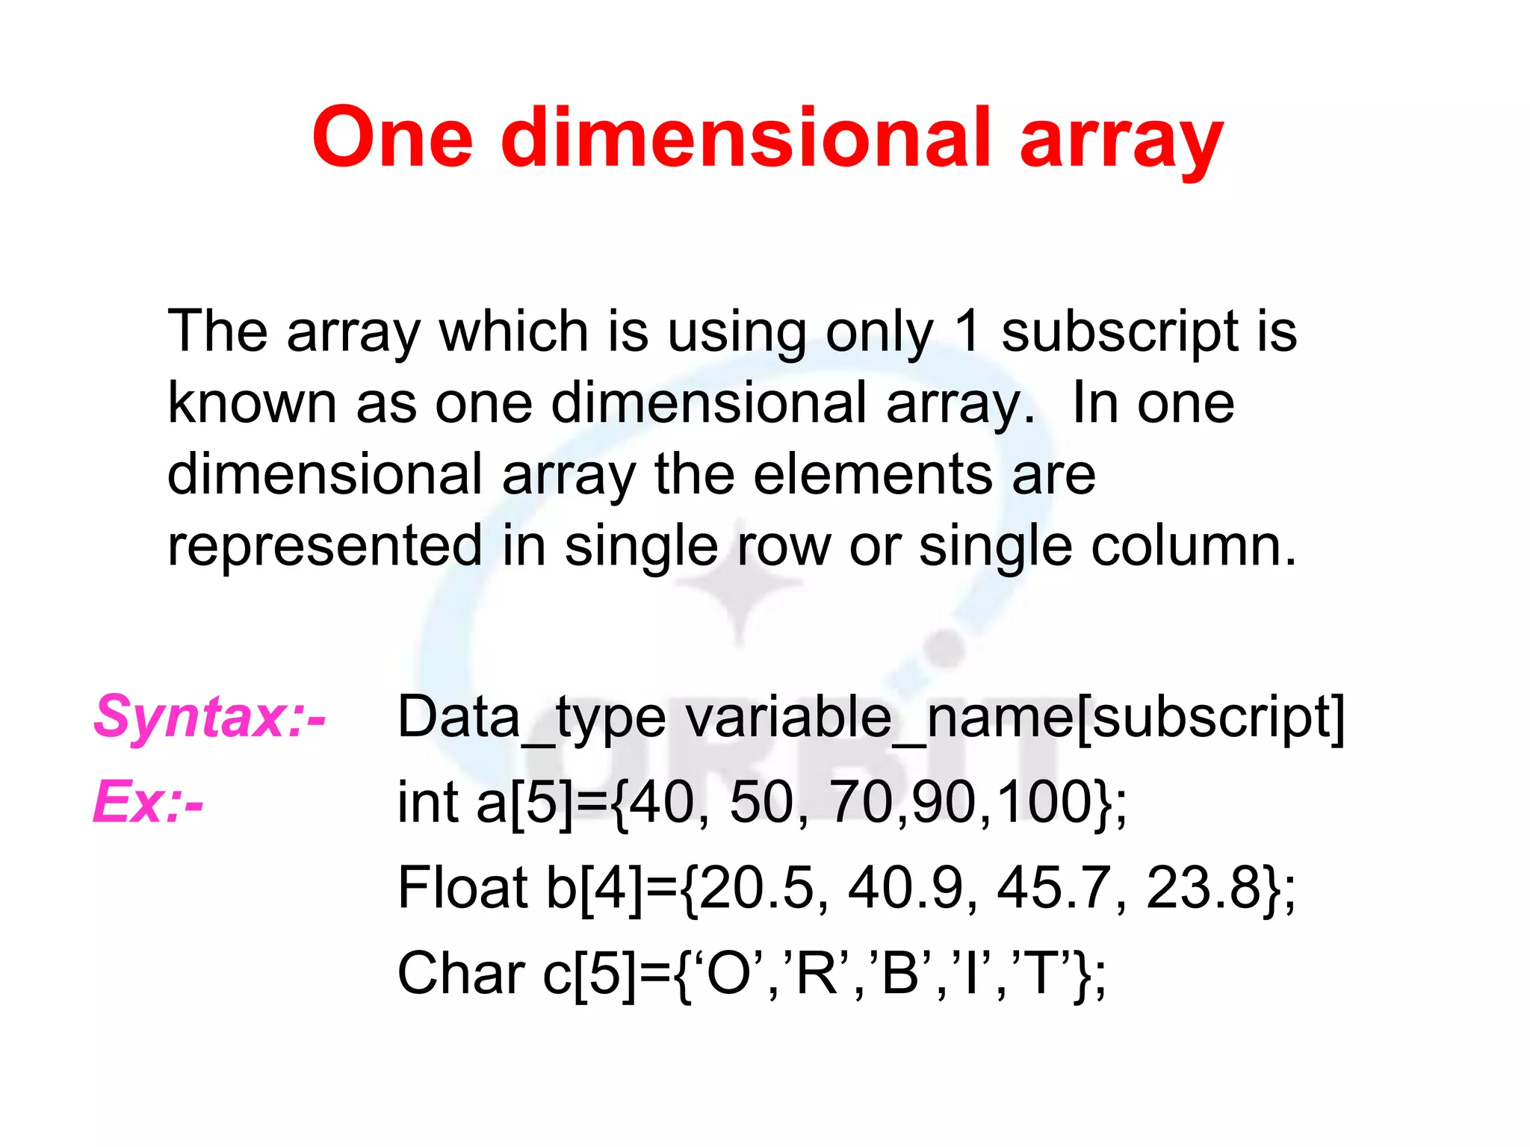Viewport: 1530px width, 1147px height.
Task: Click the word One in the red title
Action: [393, 137]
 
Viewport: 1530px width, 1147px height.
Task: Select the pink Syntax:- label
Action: [210, 717]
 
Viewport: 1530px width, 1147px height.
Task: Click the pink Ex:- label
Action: [148, 802]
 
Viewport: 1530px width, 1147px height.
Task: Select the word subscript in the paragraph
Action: [1120, 332]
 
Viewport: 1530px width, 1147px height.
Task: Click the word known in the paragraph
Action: [252, 403]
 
